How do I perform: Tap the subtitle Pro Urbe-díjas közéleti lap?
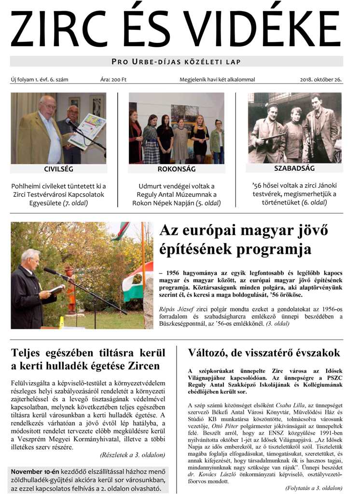(176, 62)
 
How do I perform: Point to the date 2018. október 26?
(320, 80)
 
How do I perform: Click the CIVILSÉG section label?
(59, 169)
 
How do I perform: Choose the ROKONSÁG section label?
(176, 169)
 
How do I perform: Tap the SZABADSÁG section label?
(294, 168)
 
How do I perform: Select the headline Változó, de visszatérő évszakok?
(264, 353)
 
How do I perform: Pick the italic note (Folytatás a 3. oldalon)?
(314, 488)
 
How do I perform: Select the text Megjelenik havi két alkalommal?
(217, 80)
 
